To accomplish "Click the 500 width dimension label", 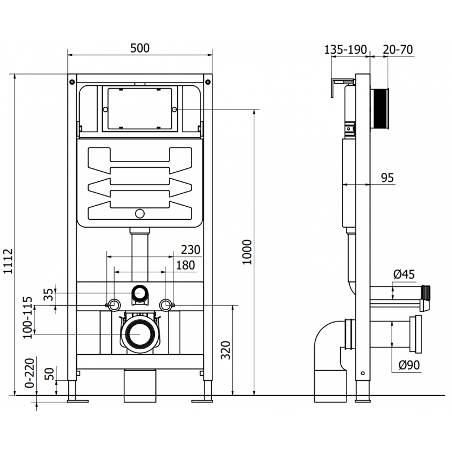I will (x=140, y=48).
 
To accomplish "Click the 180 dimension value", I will (x=185, y=265).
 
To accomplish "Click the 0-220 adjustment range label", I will (x=27, y=375).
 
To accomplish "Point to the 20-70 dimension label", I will (x=398, y=50).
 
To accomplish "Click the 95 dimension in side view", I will (x=387, y=178).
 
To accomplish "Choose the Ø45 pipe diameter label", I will (x=403, y=275).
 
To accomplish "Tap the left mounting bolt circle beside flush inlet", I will (x=114, y=305).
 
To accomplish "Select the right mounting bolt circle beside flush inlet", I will (x=165, y=305).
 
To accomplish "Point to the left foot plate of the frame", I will (x=77, y=401).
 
